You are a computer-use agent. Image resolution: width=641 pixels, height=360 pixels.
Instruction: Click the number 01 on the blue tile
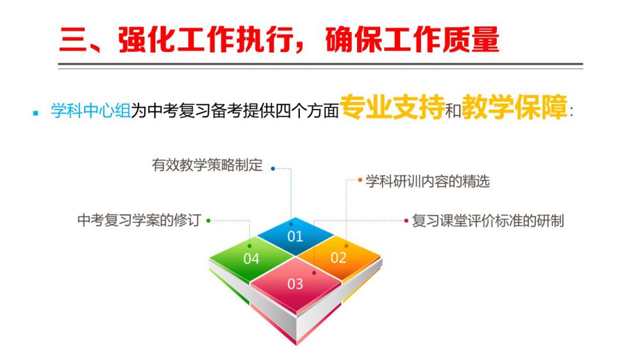click(x=295, y=236)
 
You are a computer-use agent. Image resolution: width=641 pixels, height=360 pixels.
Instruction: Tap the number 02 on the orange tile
click(x=338, y=258)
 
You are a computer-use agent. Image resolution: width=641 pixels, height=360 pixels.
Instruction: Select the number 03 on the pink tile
click(x=295, y=284)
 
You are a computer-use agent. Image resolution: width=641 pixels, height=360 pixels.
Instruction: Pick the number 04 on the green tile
click(x=251, y=259)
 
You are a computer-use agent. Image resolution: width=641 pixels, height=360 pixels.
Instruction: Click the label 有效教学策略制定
click(x=207, y=165)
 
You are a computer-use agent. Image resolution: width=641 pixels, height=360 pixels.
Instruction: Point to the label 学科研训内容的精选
click(x=428, y=181)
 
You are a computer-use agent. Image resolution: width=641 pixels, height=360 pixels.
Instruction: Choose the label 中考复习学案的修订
click(x=139, y=220)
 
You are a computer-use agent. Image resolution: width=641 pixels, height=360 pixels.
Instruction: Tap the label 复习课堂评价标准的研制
click(x=488, y=220)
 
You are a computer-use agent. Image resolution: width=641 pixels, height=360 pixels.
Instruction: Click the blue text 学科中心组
click(x=91, y=111)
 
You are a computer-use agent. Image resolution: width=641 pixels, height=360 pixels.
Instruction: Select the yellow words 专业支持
click(x=392, y=107)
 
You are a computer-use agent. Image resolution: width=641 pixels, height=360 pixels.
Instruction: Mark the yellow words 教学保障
click(x=514, y=107)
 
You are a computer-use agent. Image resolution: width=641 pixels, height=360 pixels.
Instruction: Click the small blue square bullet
click(x=36, y=113)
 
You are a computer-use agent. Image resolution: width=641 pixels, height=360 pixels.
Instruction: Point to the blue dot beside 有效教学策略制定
click(x=273, y=168)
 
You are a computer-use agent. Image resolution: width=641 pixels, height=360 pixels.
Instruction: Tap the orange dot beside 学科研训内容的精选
click(x=360, y=180)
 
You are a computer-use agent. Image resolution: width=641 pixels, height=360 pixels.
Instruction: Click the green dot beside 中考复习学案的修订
click(x=208, y=220)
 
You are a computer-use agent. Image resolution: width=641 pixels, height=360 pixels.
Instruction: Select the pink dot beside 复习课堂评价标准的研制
click(x=406, y=220)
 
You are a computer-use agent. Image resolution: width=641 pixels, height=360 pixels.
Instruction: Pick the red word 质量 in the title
click(x=470, y=40)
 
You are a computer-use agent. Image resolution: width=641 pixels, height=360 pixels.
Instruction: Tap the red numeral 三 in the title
click(x=74, y=40)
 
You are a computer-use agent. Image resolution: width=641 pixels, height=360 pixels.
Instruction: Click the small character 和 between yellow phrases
click(x=453, y=110)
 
